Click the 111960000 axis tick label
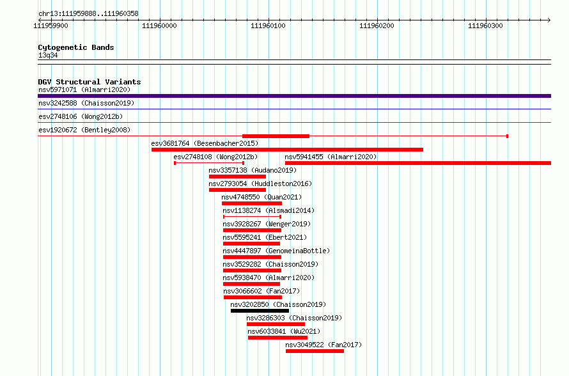pos(159,26)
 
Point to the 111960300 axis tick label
pos(485,26)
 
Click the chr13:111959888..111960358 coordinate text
pos(88,14)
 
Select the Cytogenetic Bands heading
pos(76,47)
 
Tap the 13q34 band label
pos(48,55)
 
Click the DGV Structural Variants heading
pos(90,82)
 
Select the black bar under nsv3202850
pos(260,311)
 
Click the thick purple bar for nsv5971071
pos(294,96)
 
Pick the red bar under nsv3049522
pos(315,351)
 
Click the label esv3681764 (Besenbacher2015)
pos(205,143)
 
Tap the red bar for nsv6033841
pos(277,338)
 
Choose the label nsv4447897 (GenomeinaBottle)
pos(276,251)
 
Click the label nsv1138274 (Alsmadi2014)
pos(269,210)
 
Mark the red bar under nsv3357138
pos(237,176)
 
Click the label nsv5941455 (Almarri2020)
pos(331,157)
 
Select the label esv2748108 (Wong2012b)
pos(215,157)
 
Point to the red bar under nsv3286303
pos(276,324)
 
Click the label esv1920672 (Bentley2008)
pos(84,130)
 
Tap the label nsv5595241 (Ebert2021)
pos(265,237)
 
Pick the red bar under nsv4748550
pos(252,203)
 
